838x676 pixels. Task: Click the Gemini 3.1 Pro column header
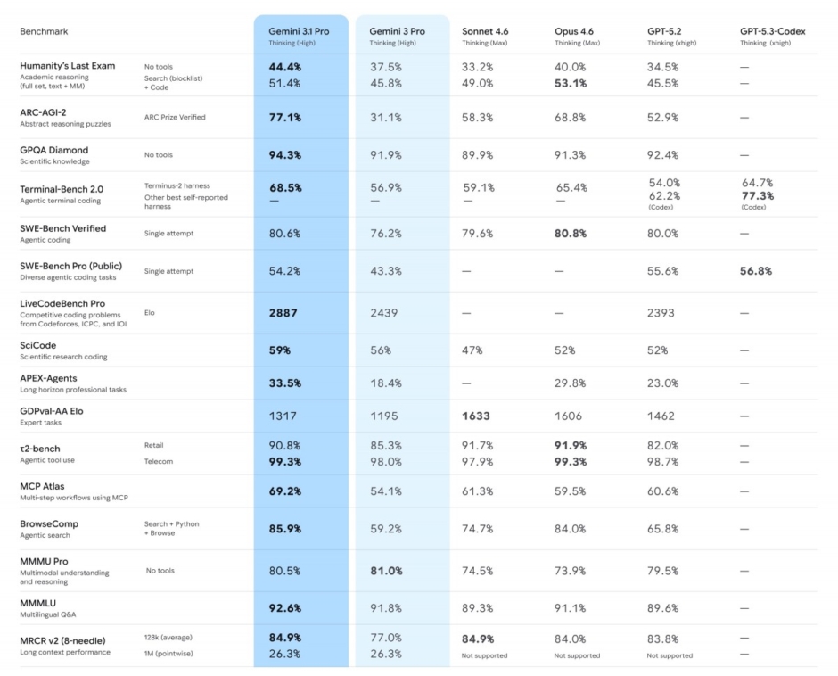pos(298,31)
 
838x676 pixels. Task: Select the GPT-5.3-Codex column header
pos(772,31)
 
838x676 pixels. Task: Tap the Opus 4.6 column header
pos(575,31)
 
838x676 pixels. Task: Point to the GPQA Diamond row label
pos(54,150)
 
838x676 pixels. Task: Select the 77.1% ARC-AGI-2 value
pos(285,117)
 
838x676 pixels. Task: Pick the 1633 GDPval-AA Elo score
pos(477,416)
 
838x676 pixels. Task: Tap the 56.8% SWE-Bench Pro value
pos(756,271)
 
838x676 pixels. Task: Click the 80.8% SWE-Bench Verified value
pos(571,234)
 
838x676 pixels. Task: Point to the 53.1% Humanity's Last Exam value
pos(571,84)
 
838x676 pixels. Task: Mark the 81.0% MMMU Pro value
pos(386,571)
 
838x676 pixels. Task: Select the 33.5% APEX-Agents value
pos(285,383)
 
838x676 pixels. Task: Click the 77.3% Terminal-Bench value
pos(757,195)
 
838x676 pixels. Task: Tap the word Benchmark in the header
pos(44,31)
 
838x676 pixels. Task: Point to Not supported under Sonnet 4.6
pos(484,655)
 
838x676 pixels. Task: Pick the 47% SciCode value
pos(472,350)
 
